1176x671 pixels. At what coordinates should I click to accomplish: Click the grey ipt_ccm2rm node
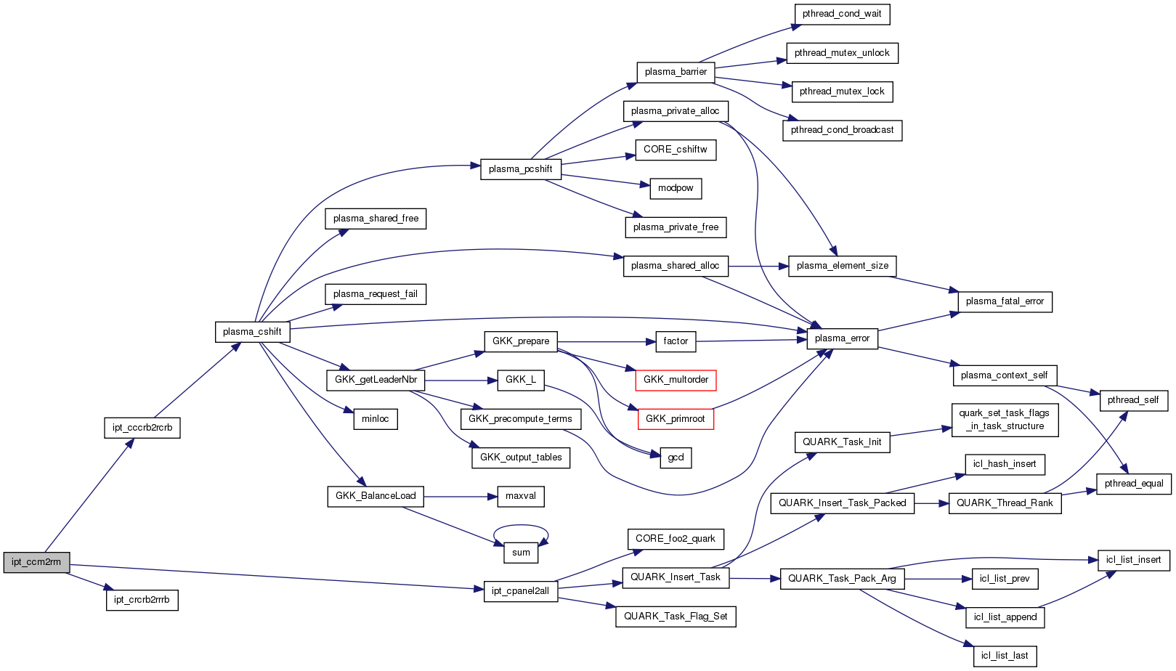(x=36, y=562)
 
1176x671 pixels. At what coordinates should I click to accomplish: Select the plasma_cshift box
(x=252, y=332)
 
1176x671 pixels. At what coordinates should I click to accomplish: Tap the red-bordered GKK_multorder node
(x=676, y=380)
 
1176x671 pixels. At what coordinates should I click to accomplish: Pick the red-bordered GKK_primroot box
(x=675, y=419)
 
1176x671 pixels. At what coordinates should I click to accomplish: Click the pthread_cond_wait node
(x=842, y=14)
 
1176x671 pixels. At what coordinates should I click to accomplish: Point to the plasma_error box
(x=842, y=338)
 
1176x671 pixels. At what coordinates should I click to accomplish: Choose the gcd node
(x=676, y=457)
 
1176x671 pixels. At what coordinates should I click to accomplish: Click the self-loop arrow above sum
(x=521, y=526)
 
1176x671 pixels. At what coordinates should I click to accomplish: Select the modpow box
(x=676, y=188)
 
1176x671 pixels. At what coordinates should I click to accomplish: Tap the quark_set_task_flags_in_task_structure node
(x=1005, y=420)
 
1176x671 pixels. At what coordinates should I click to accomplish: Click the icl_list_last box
(x=1005, y=656)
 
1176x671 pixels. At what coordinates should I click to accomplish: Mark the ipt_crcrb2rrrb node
(x=142, y=600)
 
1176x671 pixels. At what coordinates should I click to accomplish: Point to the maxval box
(x=521, y=496)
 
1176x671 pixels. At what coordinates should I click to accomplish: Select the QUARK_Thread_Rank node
(x=1005, y=503)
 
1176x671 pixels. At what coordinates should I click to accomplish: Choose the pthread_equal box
(x=1133, y=484)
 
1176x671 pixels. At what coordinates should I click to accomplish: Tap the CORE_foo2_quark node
(x=675, y=539)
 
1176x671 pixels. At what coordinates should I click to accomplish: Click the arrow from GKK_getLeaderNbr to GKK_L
(x=461, y=381)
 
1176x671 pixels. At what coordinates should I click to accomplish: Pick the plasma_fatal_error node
(x=1005, y=301)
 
